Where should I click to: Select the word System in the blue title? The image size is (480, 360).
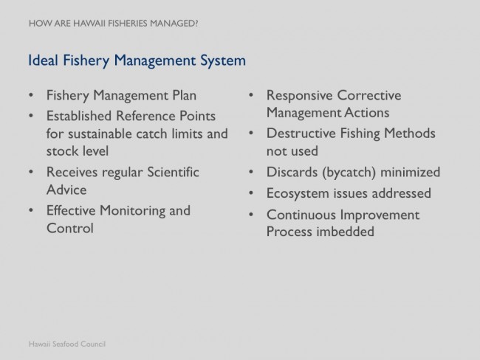223,61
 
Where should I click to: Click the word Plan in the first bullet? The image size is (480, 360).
185,95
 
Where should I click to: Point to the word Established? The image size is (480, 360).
79,116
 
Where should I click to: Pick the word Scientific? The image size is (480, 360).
173,172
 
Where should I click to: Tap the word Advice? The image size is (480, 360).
66,190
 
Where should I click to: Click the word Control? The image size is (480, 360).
70,228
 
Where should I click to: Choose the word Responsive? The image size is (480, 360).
299,96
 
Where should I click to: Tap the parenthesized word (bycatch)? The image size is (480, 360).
349,173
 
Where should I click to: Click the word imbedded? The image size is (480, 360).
346,232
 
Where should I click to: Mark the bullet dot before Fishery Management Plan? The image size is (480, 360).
31,95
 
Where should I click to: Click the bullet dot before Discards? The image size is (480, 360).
251,172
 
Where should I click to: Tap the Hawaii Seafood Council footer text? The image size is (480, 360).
67,344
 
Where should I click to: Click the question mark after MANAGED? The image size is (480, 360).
196,24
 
